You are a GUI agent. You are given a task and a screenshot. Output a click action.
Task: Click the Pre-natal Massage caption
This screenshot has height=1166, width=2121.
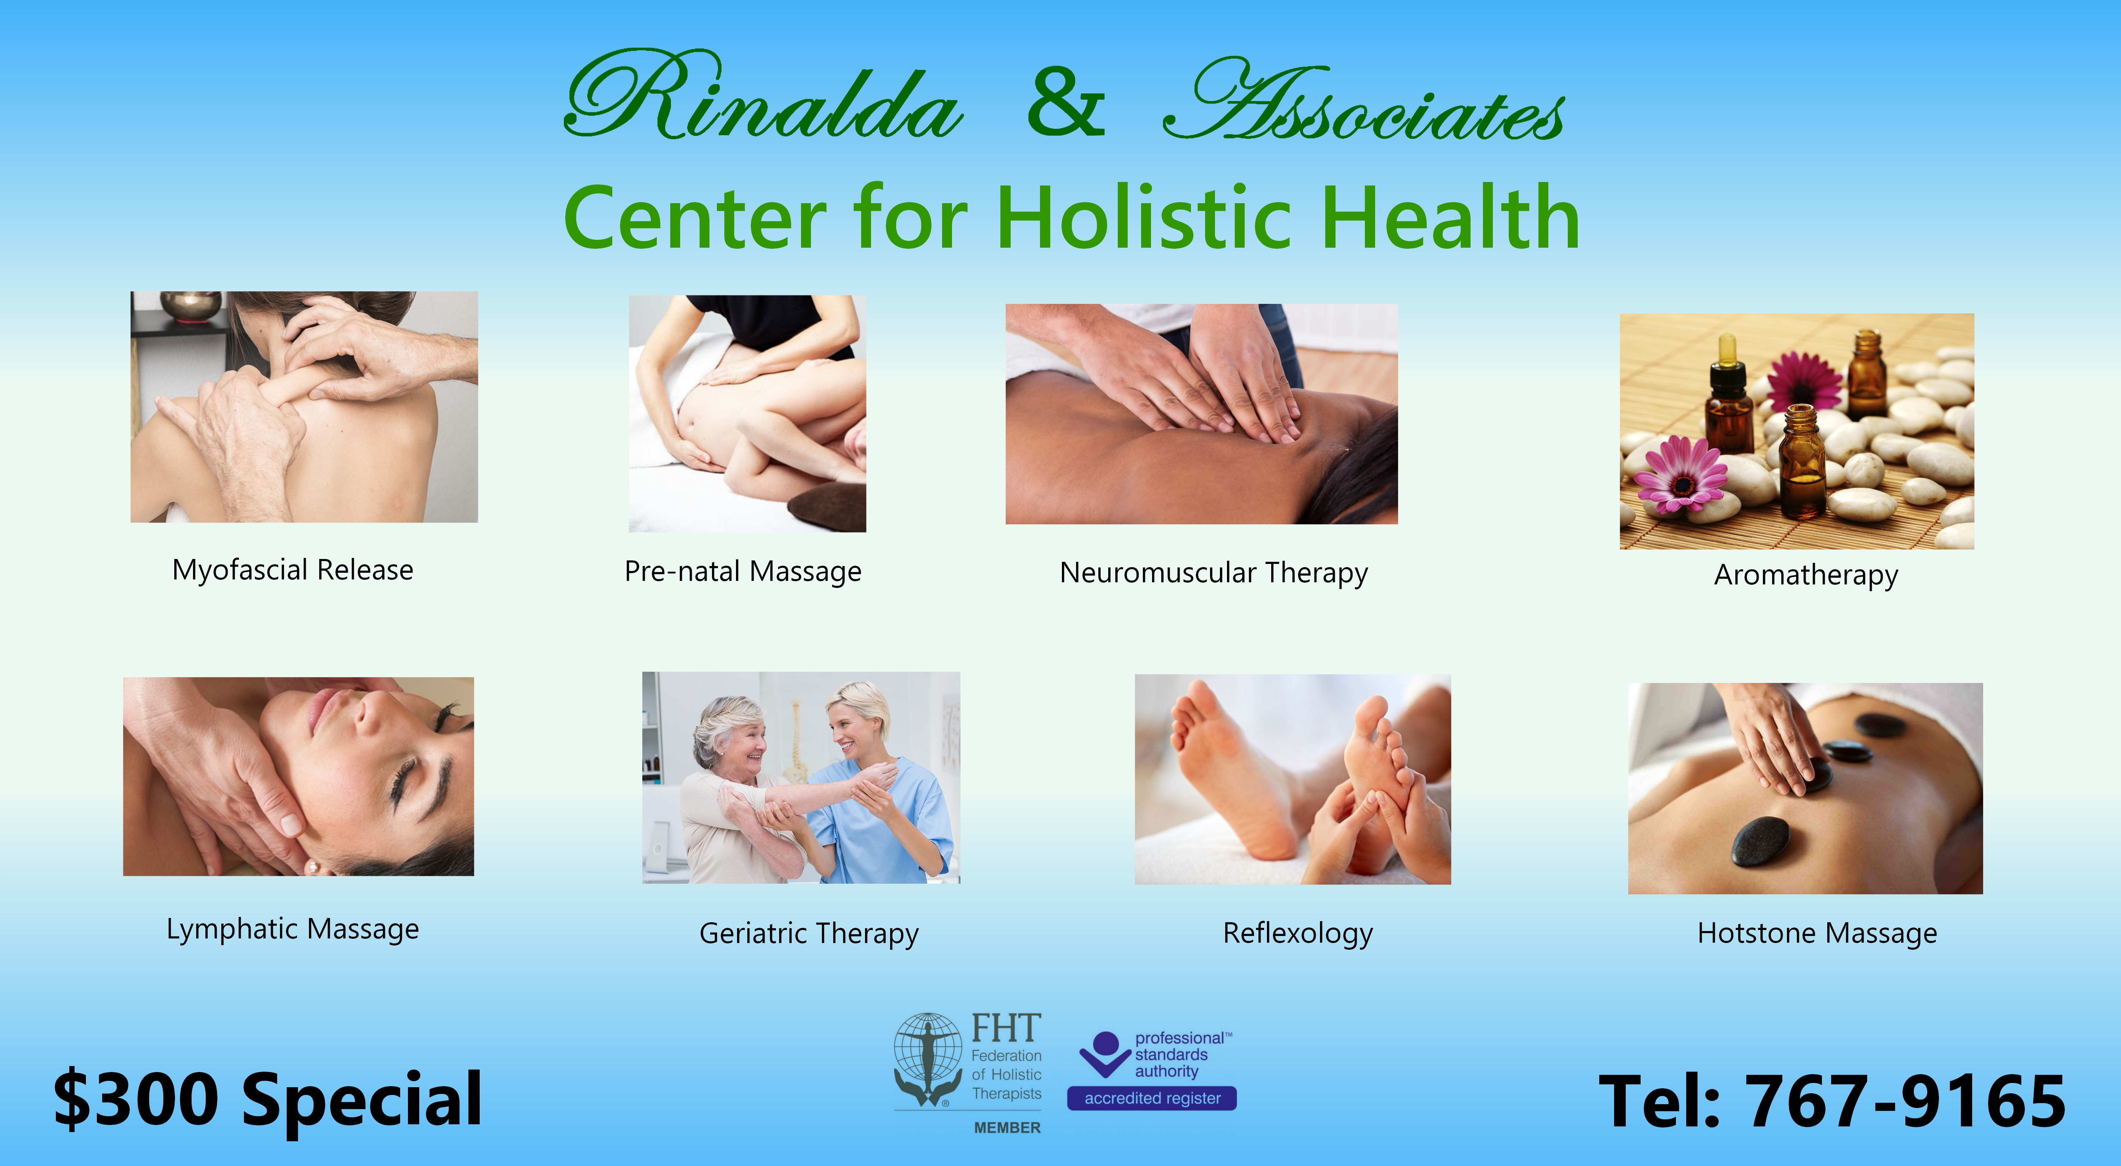743,571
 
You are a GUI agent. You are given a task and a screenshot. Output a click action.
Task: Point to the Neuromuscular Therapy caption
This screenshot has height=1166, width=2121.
1214,573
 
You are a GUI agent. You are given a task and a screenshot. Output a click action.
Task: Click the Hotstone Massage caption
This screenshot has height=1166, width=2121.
1817,933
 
